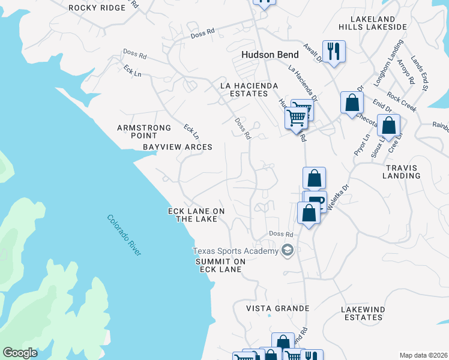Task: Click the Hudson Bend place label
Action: pos(270,55)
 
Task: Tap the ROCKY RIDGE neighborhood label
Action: pos(97,8)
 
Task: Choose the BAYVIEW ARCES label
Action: pos(178,147)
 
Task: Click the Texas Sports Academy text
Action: pos(235,251)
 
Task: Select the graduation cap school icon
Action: pos(288,251)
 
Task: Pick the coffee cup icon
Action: pos(316,200)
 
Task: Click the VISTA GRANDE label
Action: pos(278,308)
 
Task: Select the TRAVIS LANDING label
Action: pos(402,172)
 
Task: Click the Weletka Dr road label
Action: pos(339,196)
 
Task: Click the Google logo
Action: pos(20,353)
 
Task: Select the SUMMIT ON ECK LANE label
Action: pos(220,266)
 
